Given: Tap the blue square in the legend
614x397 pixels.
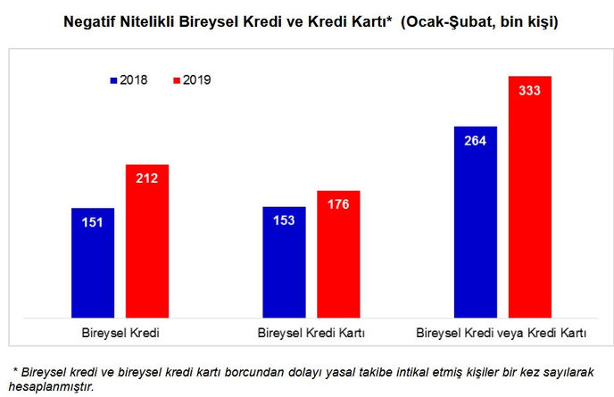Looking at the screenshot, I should (x=114, y=80).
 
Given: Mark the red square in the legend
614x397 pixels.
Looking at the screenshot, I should (x=177, y=80).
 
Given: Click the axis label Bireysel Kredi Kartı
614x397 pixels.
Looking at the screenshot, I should (x=311, y=333).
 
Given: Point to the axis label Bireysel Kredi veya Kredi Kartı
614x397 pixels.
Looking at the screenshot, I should (x=502, y=333).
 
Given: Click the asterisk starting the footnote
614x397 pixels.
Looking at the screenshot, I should (x=15, y=368).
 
